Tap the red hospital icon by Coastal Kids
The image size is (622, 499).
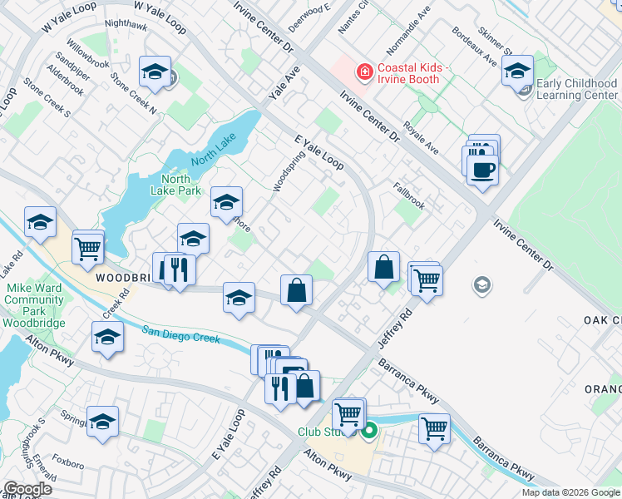363,73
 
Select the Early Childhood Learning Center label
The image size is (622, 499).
576,89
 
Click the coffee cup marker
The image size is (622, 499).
481,170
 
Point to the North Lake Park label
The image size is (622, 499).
175,185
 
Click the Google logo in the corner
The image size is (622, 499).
27,489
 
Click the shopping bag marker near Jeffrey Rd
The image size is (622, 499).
383,268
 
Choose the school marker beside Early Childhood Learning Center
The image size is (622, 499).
516,72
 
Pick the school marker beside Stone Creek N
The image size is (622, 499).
155,72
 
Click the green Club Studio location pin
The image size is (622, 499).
370,430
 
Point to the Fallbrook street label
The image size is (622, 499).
408,196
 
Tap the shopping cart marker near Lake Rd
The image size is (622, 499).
88,247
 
